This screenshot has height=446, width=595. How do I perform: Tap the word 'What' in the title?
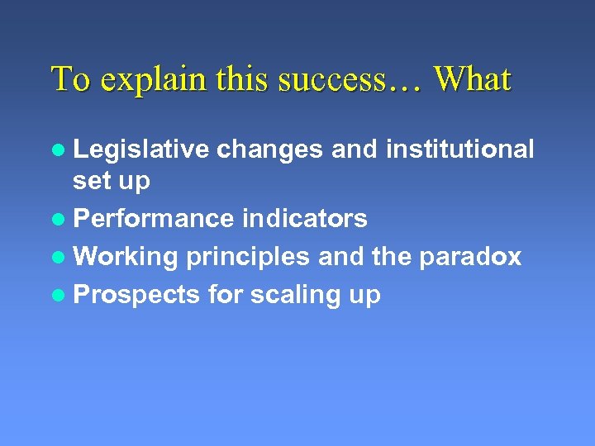pyautogui.click(x=473, y=79)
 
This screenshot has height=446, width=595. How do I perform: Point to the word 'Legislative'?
pyautogui.click(x=140, y=149)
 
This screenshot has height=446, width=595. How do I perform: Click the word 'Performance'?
pyautogui.click(x=154, y=219)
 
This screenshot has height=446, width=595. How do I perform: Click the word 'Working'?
pyautogui.click(x=126, y=257)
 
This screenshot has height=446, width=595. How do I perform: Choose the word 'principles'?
pyautogui.click(x=248, y=258)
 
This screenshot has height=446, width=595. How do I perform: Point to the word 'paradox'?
pyautogui.click(x=470, y=257)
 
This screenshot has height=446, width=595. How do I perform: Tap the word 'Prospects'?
pyautogui.click(x=136, y=295)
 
